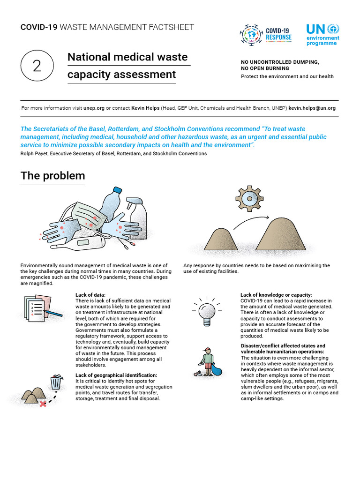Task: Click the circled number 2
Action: tap(37, 66)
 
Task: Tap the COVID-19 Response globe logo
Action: tap(252, 35)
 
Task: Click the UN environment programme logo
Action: tap(322, 35)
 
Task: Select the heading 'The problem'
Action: tap(52, 176)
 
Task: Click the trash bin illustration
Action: tap(56, 382)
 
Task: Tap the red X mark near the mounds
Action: tap(43, 403)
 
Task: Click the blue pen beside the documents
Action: tap(54, 313)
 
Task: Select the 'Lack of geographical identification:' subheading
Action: tap(116, 375)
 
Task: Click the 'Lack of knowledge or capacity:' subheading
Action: tap(276, 295)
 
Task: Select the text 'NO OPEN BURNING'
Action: tap(265, 68)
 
